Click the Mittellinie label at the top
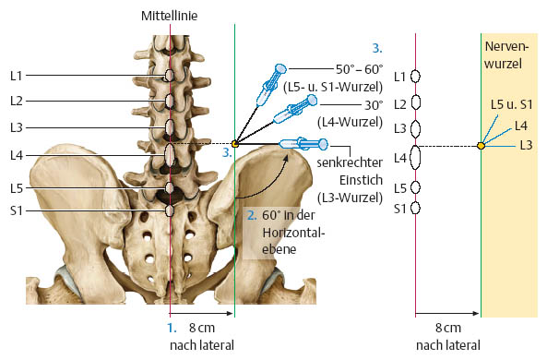(x=169, y=16)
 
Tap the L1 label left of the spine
(x=16, y=76)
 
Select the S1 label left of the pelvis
(x=16, y=210)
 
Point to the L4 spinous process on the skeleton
(x=170, y=156)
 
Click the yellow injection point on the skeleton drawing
(x=235, y=143)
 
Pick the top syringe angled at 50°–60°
(x=271, y=85)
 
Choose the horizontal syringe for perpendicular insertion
(x=303, y=143)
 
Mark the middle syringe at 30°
(x=295, y=109)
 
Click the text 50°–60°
(x=360, y=69)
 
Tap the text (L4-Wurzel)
(x=350, y=122)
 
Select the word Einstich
(x=361, y=180)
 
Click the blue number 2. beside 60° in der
(x=252, y=215)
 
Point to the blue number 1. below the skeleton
(x=172, y=329)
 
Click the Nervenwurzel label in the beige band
(x=506, y=54)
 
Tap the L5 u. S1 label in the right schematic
(x=511, y=104)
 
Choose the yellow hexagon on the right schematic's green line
(x=482, y=145)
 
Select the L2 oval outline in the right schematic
(x=415, y=102)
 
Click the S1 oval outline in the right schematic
(x=415, y=208)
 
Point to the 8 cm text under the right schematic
(x=448, y=329)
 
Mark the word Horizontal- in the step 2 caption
(x=293, y=233)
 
